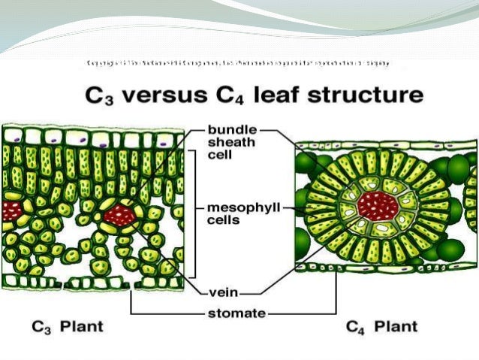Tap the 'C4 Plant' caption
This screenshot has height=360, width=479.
tap(382, 327)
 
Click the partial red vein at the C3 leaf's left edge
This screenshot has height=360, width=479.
tap(9, 211)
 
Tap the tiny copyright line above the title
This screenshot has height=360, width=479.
tap(239, 63)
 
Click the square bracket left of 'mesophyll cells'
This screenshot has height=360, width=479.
tap(194, 213)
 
